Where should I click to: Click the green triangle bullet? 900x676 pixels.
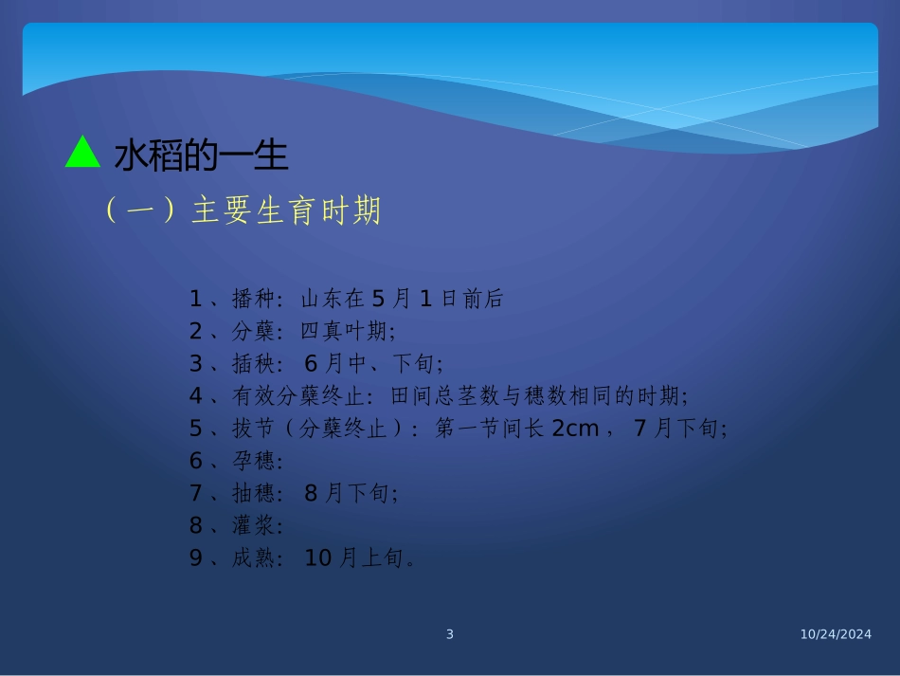pos(82,154)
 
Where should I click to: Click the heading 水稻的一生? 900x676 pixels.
pos(201,155)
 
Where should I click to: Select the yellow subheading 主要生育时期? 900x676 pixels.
pos(285,211)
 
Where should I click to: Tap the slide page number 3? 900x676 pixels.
pos(450,634)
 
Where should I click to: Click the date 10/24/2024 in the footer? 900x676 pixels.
pos(833,634)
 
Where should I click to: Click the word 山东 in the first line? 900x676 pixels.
pos(322,299)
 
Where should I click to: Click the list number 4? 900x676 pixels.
pos(196,396)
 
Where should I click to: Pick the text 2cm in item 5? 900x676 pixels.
pos(575,429)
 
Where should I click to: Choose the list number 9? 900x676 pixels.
pos(196,557)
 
